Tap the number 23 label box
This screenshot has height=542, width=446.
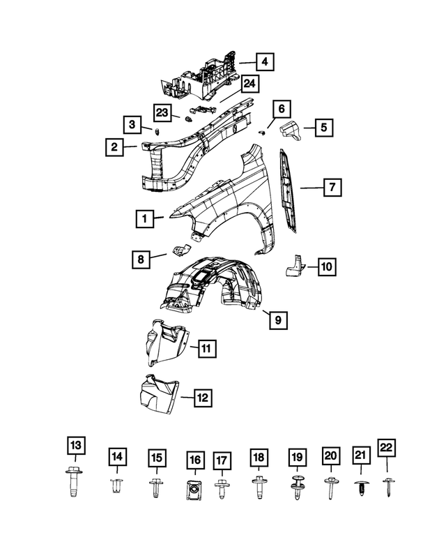(x=162, y=112)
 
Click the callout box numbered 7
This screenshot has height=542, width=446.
(x=332, y=186)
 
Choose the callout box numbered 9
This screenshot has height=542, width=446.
(x=277, y=320)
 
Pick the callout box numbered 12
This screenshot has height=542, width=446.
(x=202, y=398)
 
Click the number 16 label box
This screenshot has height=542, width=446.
(x=194, y=460)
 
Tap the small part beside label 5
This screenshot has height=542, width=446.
(x=289, y=129)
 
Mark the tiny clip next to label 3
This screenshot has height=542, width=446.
(x=157, y=130)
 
